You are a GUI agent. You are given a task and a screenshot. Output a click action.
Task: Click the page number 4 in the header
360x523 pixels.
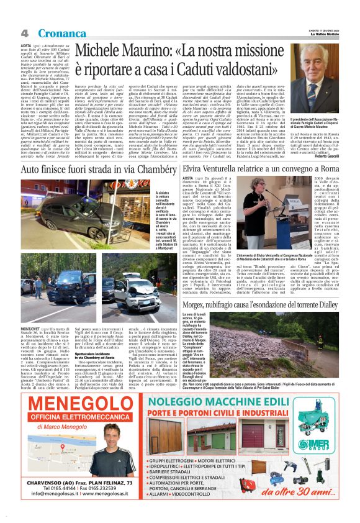pyautogui.click(x=25, y=32)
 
